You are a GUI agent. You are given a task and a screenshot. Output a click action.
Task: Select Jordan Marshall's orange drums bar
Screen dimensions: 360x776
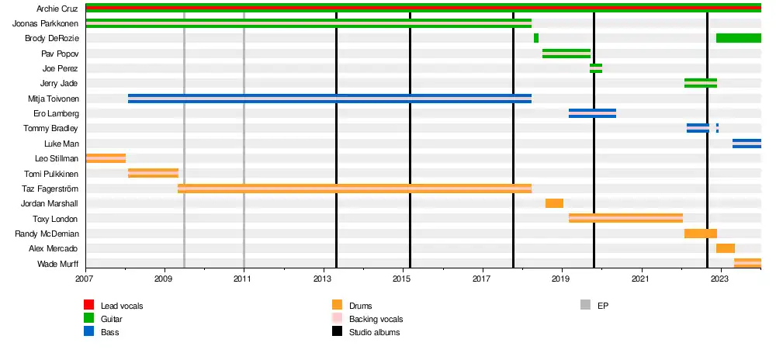tap(554, 203)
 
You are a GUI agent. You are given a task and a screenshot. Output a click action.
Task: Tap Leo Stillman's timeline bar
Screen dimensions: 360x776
tap(106, 158)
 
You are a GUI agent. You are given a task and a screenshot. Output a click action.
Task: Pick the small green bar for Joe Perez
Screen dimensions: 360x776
tap(596, 68)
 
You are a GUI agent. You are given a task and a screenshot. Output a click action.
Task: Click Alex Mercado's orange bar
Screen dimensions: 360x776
tap(726, 248)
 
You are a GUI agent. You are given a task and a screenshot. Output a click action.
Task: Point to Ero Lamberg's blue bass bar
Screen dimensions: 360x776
tap(592, 113)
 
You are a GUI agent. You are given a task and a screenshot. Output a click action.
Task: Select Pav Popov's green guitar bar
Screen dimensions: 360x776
tap(566, 54)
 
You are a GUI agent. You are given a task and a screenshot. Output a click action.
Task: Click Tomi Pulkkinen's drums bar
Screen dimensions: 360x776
tap(153, 173)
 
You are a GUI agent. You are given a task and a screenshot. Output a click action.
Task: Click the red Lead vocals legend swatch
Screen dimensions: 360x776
tap(89, 306)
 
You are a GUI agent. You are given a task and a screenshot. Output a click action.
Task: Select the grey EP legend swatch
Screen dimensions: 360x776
tap(586, 306)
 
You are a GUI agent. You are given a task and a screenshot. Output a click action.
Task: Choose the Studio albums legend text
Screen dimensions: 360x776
tap(375, 332)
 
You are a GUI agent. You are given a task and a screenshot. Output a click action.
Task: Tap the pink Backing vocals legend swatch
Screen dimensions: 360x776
tap(338, 319)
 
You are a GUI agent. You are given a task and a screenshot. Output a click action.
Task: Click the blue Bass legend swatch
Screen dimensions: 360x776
tap(89, 332)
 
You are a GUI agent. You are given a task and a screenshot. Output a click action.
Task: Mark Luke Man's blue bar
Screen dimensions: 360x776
tap(747, 144)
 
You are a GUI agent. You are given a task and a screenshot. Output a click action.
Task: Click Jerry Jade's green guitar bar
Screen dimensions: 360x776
tap(701, 83)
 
